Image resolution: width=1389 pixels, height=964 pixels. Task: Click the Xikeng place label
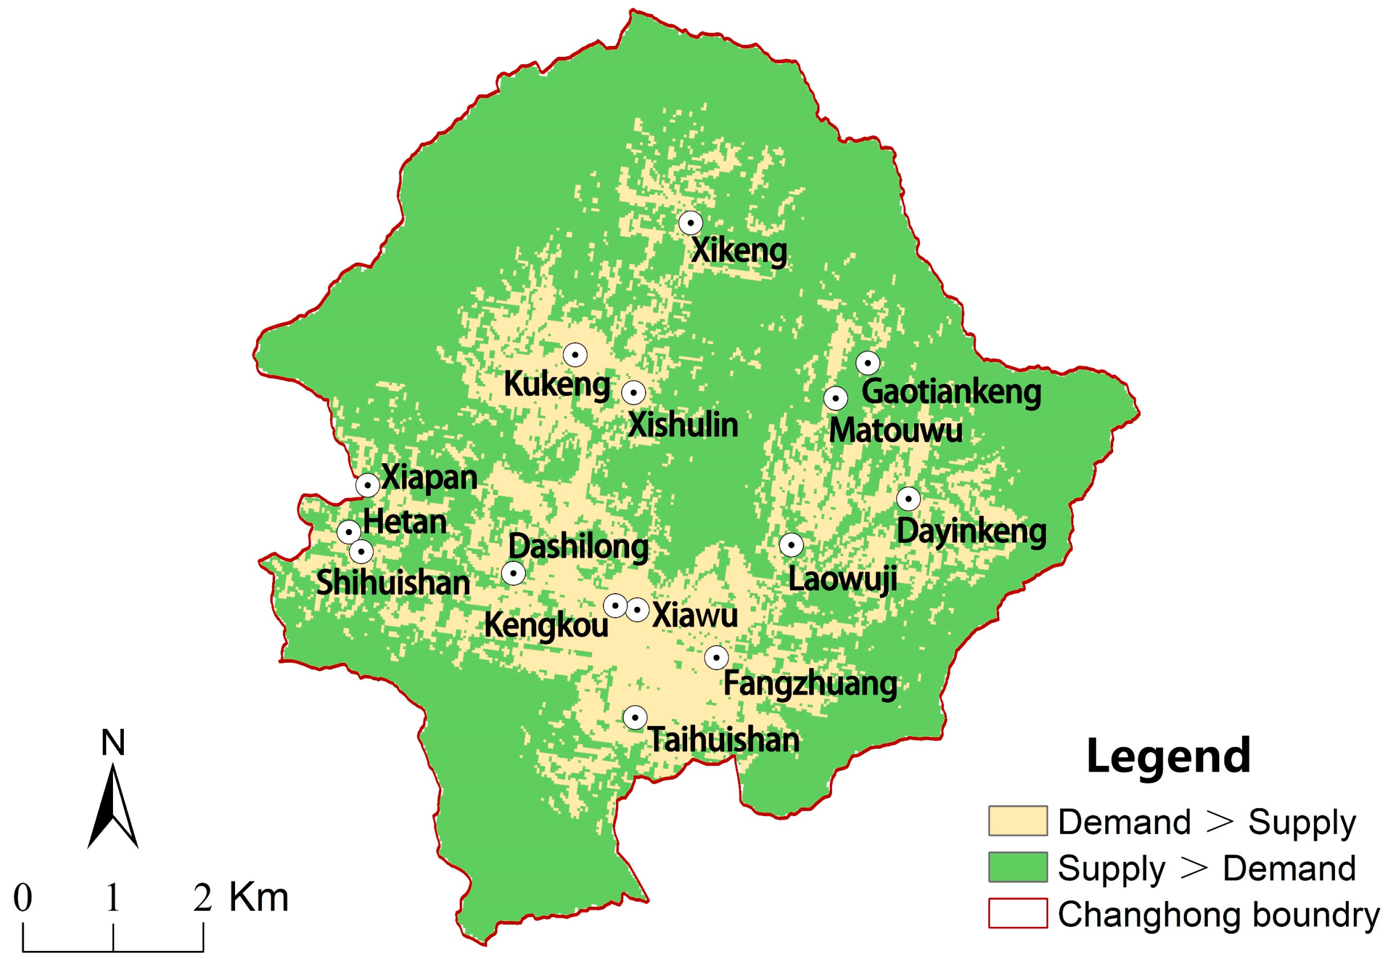click(738, 251)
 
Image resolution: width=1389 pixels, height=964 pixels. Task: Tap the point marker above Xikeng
click(690, 223)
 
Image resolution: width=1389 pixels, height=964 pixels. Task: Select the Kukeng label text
click(556, 384)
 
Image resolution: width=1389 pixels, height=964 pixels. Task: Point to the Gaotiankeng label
click(951, 392)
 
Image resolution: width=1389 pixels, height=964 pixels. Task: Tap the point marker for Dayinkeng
click(908, 499)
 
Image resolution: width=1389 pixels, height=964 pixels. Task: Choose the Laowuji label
click(842, 579)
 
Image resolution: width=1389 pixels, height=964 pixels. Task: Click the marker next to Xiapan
click(367, 485)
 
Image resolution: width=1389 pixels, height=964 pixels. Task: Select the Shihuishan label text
click(393, 583)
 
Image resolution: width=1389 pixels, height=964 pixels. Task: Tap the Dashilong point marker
click(513, 573)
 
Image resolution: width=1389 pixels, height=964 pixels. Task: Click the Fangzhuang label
click(810, 684)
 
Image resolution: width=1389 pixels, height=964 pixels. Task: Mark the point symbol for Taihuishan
click(634, 718)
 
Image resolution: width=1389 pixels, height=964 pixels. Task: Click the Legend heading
click(1168, 756)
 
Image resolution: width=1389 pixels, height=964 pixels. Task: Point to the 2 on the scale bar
click(202, 898)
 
